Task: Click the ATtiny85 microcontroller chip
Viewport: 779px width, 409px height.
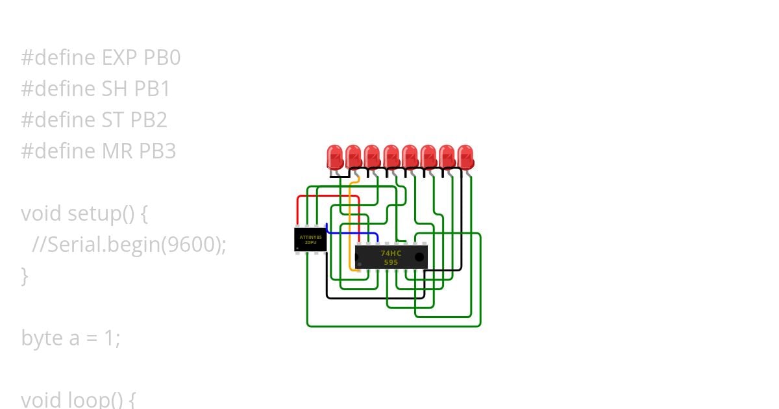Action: [x=310, y=239]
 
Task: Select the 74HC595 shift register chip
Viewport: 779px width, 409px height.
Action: [x=391, y=257]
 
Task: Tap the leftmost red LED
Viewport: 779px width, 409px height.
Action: [x=335, y=156]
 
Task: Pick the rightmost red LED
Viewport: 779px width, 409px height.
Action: [x=465, y=156]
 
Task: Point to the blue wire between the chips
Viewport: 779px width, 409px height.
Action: [x=354, y=232]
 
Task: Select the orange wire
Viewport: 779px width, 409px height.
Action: [x=350, y=221]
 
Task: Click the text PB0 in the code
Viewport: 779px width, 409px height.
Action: [x=162, y=58]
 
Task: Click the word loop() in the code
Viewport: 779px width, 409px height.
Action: [x=105, y=399]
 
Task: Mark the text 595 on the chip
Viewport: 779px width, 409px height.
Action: [x=391, y=262]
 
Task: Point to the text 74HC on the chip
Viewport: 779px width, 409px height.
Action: [x=391, y=253]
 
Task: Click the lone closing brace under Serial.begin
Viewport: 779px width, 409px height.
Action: [x=25, y=276]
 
